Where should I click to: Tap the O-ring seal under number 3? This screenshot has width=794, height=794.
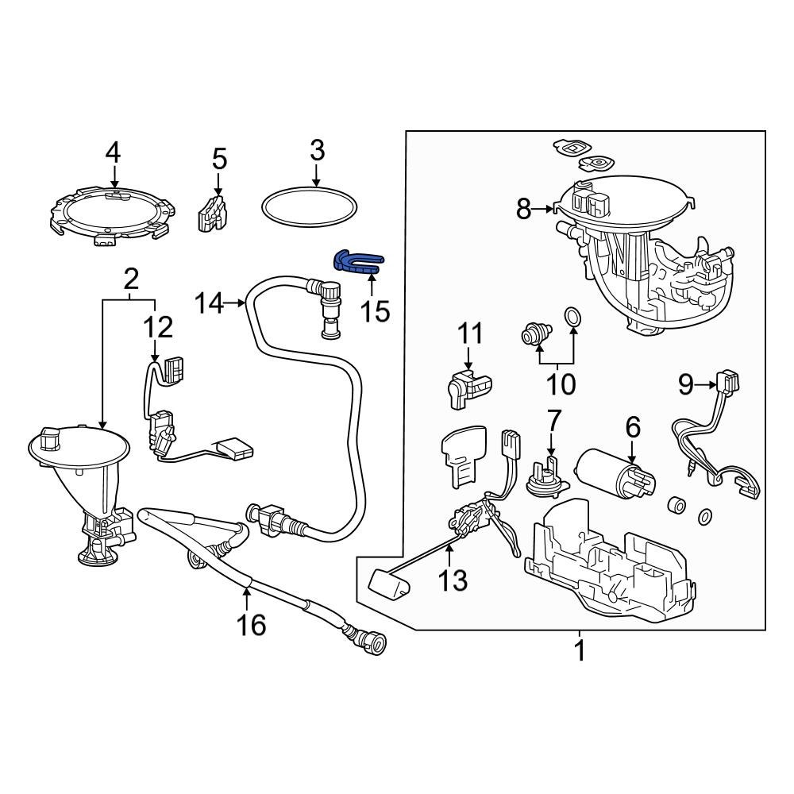click(310, 207)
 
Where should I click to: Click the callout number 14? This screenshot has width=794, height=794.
click(211, 303)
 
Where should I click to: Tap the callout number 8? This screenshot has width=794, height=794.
click(524, 210)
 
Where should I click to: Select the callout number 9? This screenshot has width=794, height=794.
click(687, 385)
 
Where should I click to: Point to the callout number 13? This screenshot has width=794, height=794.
click(454, 580)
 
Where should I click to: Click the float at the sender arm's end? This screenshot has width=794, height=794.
click(389, 587)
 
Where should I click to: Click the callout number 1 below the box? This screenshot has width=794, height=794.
click(580, 651)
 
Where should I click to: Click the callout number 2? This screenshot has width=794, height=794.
click(131, 278)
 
